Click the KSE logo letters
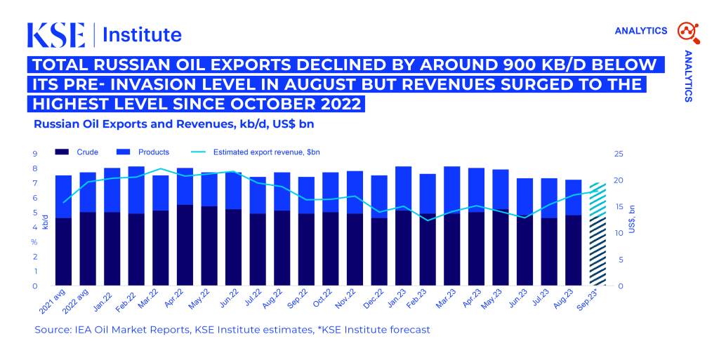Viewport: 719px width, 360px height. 56,34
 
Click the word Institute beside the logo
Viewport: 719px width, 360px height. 143,34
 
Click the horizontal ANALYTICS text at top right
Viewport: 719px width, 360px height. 640,31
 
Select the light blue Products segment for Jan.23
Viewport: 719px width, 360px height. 403,188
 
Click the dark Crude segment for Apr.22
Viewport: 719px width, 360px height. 185,246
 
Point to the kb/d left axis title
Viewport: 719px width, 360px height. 45,222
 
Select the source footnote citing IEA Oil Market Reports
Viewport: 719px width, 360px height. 232,329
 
